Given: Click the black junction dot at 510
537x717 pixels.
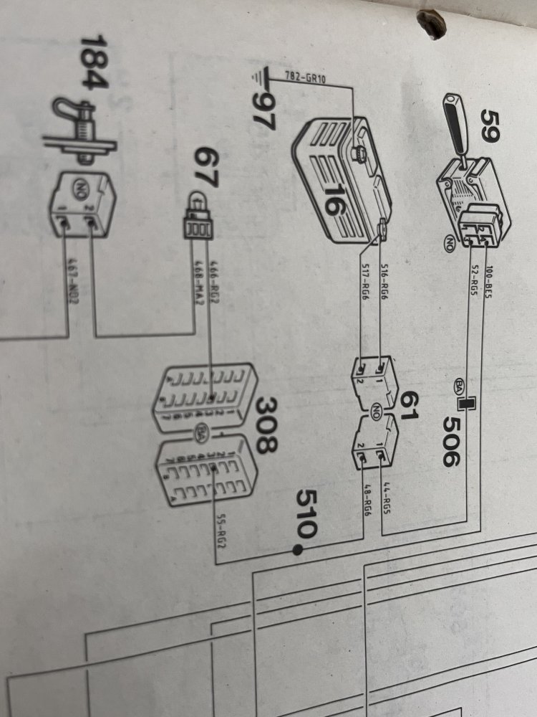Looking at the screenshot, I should [x=296, y=550].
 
